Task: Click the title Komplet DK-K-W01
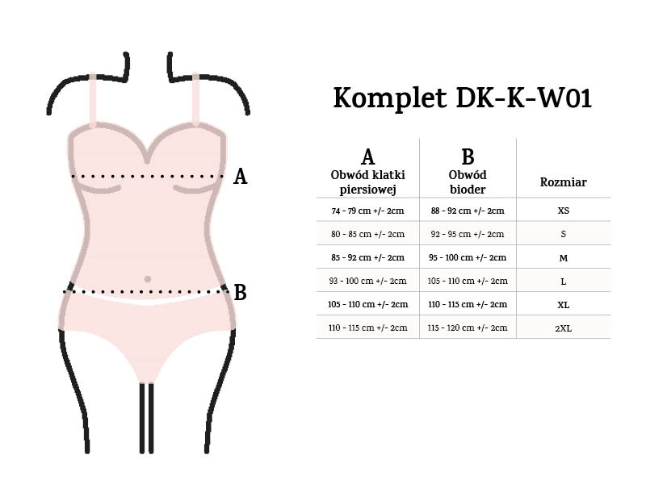coord(463,98)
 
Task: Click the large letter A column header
coord(367,156)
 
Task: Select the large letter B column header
coord(468,156)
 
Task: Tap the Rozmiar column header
coord(563,182)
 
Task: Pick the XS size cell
coord(563,211)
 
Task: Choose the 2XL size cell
coord(563,328)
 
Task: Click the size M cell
coord(563,257)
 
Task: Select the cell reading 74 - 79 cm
coord(367,211)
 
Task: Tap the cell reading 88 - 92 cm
coord(468,211)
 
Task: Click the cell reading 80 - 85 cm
coord(367,234)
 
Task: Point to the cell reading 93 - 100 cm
coord(367,281)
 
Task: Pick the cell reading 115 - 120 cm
coord(468,328)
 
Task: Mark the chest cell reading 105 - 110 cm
coord(367,304)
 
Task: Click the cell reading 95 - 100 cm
coord(468,257)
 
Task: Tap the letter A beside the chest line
coord(240,177)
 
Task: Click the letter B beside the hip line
coord(240,292)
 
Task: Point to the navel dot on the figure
coord(147,279)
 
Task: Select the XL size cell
coord(563,304)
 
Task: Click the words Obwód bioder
coord(468,182)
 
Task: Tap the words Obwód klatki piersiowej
coord(367,182)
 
